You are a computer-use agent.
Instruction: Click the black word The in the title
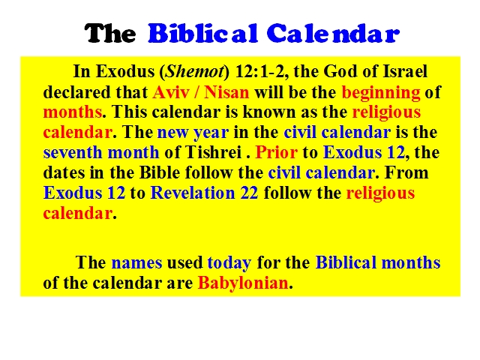(x=110, y=33)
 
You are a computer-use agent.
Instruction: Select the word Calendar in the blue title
(x=333, y=33)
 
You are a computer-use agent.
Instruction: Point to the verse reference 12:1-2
(x=262, y=72)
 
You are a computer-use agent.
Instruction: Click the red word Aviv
(x=171, y=92)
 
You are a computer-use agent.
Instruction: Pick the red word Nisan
(x=226, y=92)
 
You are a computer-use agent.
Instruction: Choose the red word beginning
(x=381, y=93)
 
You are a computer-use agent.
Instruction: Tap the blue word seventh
(x=73, y=152)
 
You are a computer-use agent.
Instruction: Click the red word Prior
(x=276, y=152)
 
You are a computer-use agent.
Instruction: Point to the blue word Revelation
(x=193, y=193)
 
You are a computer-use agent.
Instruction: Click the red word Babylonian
(x=243, y=283)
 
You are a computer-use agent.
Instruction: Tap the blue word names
(x=136, y=263)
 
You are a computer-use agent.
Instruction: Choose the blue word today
(x=229, y=263)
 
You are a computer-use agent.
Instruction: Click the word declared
(x=76, y=92)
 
